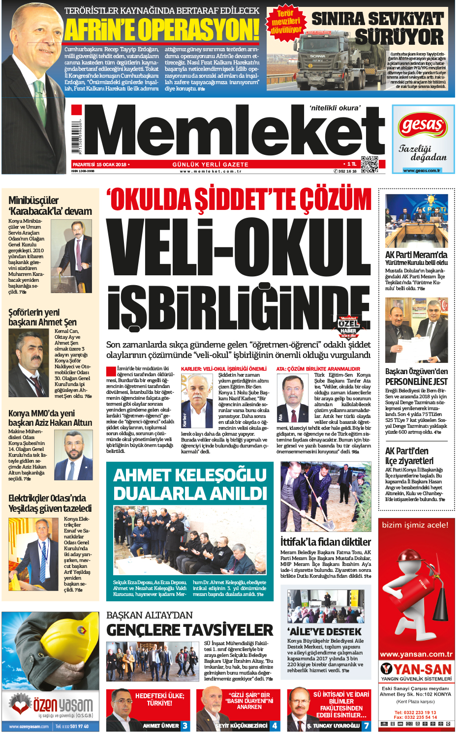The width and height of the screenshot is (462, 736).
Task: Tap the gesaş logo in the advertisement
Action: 423,125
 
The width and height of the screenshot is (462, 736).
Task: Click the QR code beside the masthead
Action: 370,165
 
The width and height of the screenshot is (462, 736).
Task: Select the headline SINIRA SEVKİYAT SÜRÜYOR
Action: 378,28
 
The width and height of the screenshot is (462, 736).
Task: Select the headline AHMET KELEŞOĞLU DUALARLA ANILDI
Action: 190,484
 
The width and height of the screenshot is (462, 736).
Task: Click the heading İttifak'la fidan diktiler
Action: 326,542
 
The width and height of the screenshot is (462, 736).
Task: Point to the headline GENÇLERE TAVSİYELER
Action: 189,630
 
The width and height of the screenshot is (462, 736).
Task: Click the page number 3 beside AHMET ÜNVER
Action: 185,726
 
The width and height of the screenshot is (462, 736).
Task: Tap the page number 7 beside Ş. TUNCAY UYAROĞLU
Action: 366,726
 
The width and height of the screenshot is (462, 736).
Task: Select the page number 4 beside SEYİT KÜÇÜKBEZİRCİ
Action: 275,726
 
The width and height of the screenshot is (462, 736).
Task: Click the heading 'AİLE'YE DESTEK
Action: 325,631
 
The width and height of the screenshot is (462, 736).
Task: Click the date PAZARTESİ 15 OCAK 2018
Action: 99,165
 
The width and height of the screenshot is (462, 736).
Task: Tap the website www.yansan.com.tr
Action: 416,654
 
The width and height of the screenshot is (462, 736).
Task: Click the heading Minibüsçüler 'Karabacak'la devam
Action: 50,206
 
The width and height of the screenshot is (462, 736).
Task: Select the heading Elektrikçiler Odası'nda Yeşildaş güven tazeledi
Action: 50,503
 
